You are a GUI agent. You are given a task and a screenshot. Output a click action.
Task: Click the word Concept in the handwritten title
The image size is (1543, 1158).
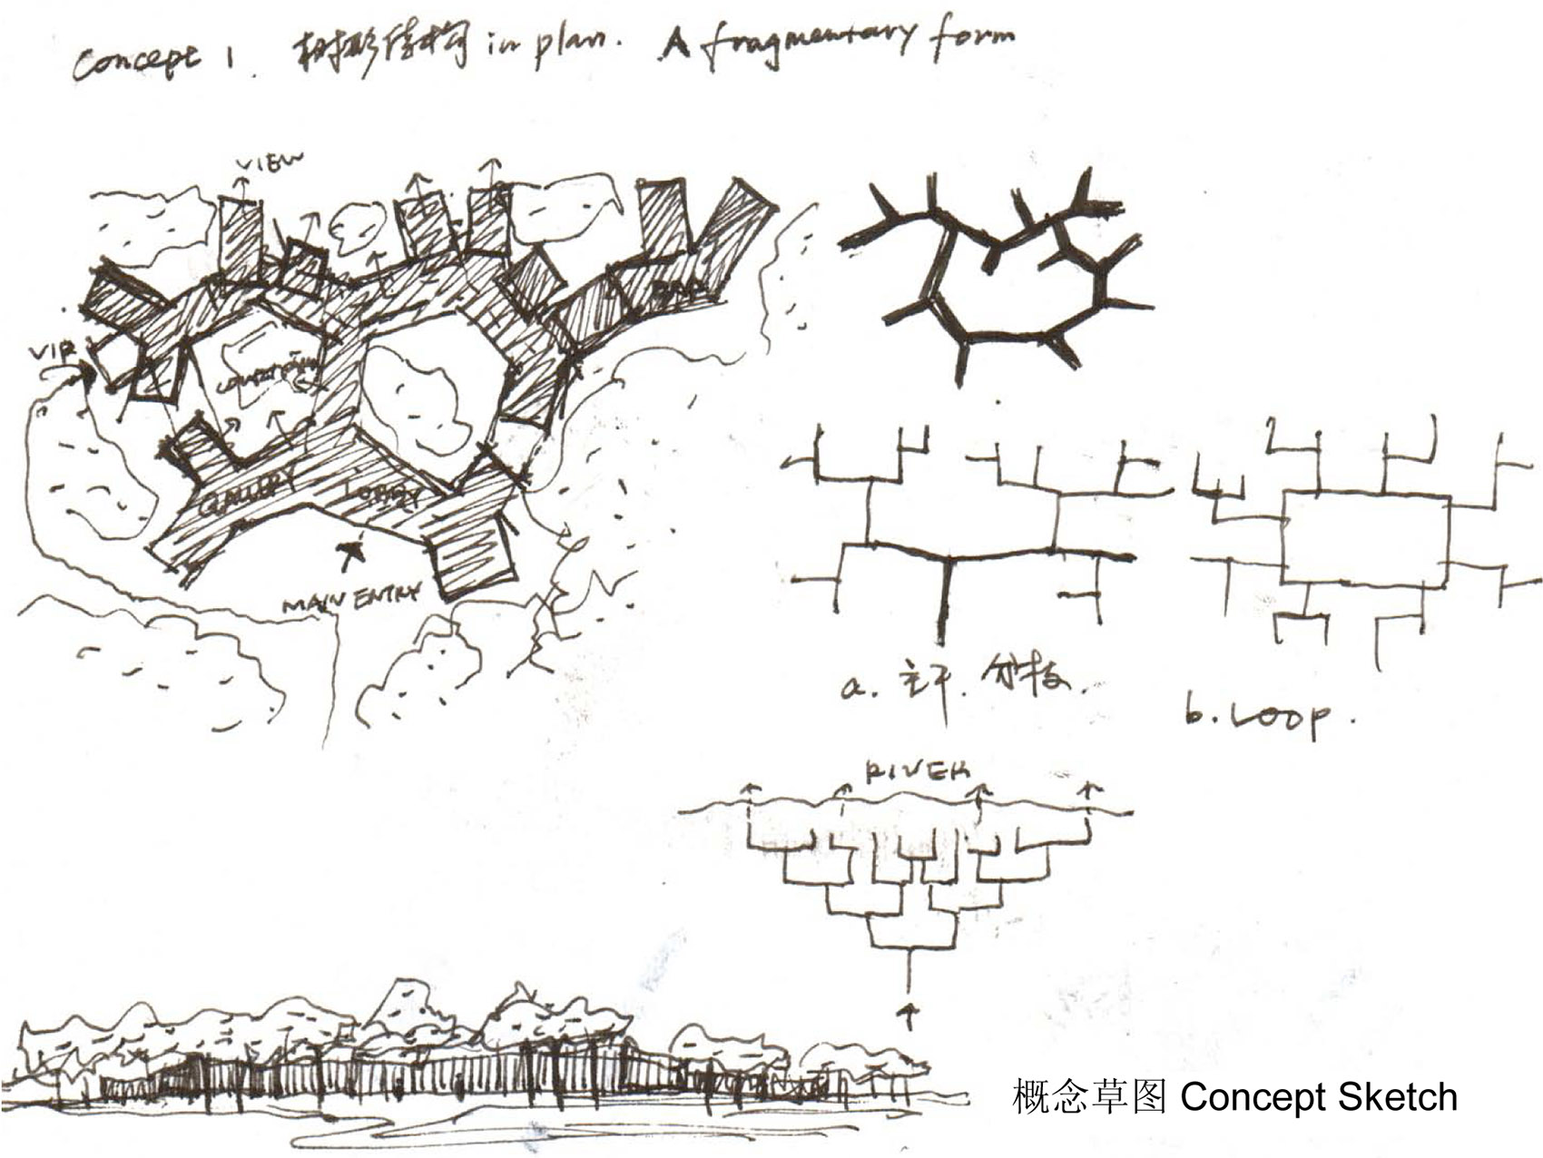pos(133,61)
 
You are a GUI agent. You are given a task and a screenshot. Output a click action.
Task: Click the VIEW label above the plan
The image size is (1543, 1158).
pos(270,163)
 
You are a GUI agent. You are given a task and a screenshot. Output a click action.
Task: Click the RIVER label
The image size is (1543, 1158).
pos(917,771)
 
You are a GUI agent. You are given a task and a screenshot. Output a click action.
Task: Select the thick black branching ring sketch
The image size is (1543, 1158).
pos(998,272)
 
